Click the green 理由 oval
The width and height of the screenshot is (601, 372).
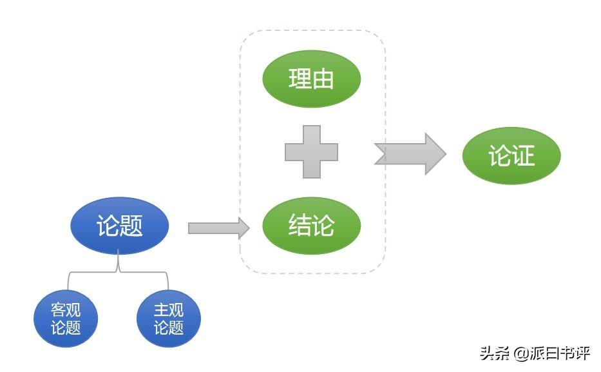[311, 79]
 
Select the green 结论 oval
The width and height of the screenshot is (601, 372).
[311, 226]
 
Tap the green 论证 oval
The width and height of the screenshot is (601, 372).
[511, 155]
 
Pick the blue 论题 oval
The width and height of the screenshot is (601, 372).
[119, 226]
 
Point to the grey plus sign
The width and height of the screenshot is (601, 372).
[311, 152]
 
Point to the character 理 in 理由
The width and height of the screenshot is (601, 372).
[300, 79]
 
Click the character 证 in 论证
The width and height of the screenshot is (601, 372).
[524, 155]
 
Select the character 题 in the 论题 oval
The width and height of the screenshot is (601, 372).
[131, 226]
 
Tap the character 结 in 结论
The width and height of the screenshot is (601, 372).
[300, 226]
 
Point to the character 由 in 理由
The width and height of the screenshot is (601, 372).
[323, 79]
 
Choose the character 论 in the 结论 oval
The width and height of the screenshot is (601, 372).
[323, 226]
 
